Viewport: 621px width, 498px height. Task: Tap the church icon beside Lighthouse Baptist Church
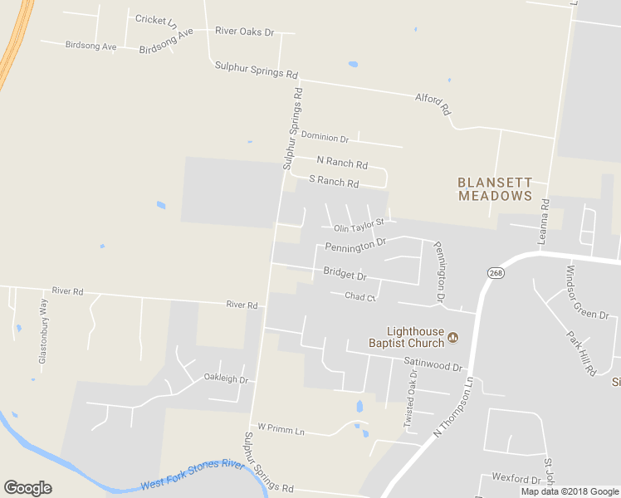[453, 337]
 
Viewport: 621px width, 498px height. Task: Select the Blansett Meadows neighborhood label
[495, 188]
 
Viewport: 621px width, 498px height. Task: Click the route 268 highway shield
[496, 273]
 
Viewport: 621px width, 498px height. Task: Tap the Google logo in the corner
[27, 488]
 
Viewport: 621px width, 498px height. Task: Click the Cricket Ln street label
[155, 19]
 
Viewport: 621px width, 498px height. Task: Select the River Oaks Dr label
[244, 32]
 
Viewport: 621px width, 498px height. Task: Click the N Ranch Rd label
[342, 164]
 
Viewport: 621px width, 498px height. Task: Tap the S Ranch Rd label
[334, 182]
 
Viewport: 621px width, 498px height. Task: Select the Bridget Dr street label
[345, 273]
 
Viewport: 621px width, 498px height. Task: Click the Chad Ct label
[360, 296]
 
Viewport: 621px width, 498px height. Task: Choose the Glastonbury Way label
[43, 332]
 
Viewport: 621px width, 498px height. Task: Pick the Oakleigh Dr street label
[226, 378]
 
